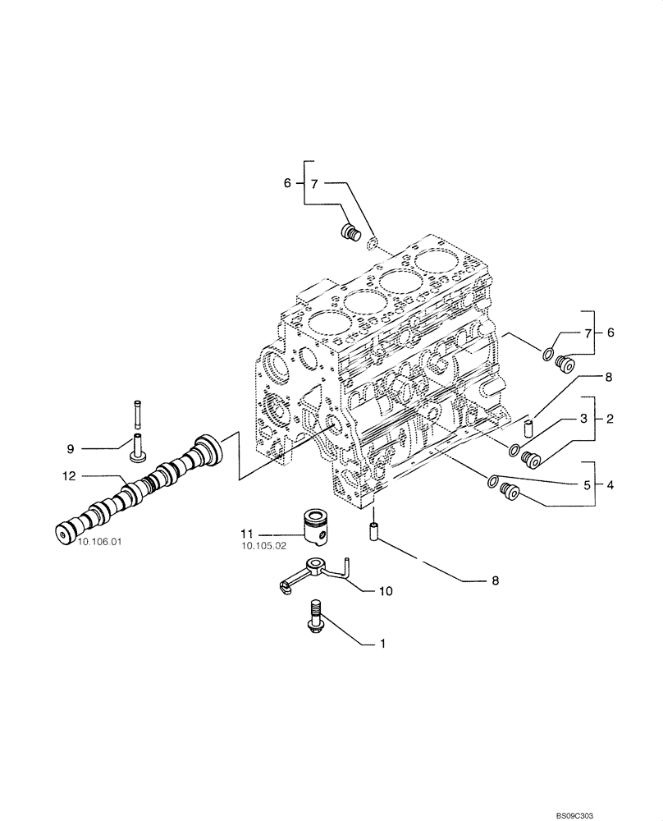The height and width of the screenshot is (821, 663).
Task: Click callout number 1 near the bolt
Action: coord(382,644)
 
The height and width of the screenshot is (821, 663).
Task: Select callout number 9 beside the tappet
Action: coord(71,448)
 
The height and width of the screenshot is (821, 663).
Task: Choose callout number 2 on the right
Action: coord(610,418)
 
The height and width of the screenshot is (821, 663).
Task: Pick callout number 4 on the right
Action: coord(610,484)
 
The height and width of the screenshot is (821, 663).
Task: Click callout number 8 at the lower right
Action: coord(495,580)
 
